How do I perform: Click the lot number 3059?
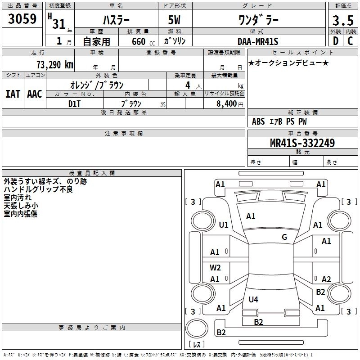click(22, 19)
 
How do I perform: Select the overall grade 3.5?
click(342, 21)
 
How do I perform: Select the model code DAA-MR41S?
click(258, 42)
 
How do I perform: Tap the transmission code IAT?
click(13, 94)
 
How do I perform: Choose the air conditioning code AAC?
click(34, 94)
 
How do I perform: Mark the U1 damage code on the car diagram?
click(224, 225)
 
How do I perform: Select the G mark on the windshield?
click(284, 237)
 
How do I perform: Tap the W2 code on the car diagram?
click(216, 267)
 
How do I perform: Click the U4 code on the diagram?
click(254, 299)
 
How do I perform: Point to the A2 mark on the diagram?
click(326, 279)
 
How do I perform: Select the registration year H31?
click(57, 22)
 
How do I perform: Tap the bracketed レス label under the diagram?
click(196, 345)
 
